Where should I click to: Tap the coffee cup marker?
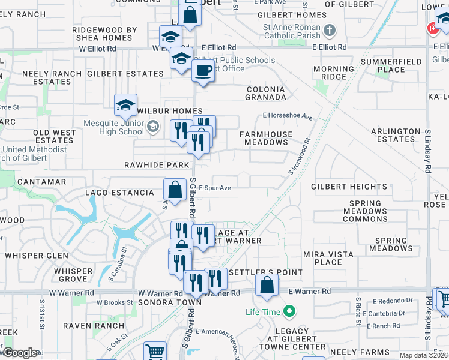tap(203, 71)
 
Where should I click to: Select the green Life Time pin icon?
tap(289, 311)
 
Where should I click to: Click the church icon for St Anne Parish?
tap(329, 29)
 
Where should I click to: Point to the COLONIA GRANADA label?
tap(266, 94)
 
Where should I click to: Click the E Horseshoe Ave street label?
tap(288, 116)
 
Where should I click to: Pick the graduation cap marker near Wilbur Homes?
tap(125, 106)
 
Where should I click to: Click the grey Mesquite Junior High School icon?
tap(153, 125)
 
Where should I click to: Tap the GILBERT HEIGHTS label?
tap(349, 187)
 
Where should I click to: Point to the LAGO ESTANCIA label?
tap(119, 193)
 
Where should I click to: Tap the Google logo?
tap(19, 353)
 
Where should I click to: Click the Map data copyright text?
tap(423, 355)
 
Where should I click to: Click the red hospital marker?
tap(432, 28)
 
